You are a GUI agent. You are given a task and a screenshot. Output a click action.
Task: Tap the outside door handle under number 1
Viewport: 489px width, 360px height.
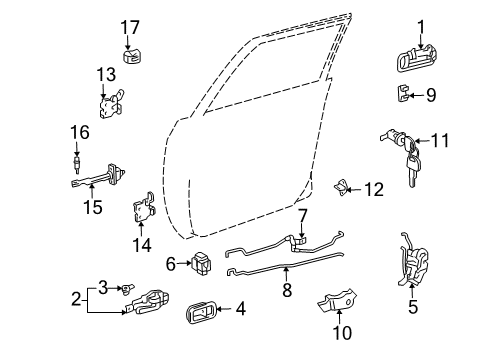point(420,61)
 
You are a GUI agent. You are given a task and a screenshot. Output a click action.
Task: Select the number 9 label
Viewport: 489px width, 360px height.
point(431,97)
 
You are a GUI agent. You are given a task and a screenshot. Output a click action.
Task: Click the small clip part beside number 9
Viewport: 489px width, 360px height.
point(404,96)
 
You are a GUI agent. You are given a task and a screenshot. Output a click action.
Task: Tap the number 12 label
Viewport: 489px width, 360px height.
point(373,188)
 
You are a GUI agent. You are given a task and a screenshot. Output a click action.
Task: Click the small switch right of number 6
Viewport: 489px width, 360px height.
point(204,264)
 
